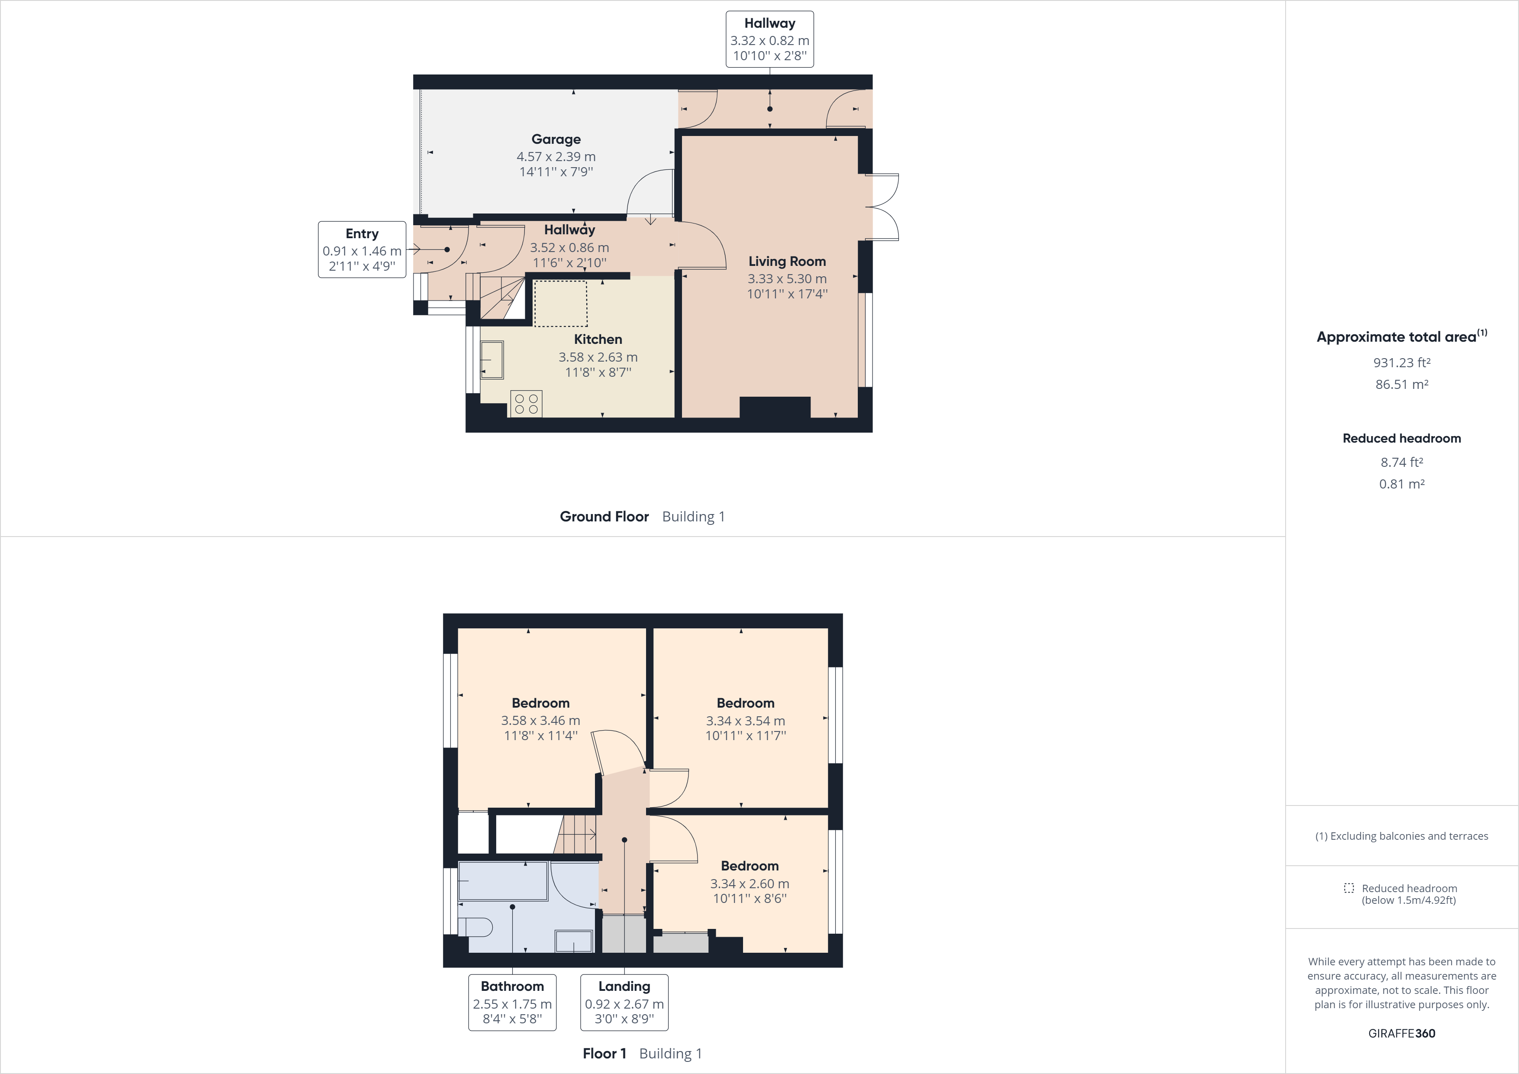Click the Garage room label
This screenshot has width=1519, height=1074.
click(x=556, y=139)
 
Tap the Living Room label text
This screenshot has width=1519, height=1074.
click(x=787, y=262)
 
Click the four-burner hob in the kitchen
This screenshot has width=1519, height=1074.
click(x=526, y=404)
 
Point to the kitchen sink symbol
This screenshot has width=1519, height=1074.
click(x=491, y=359)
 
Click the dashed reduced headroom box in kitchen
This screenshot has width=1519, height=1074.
click(x=560, y=303)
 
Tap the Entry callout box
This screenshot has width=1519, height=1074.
click(x=362, y=249)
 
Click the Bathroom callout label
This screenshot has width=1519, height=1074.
click(x=512, y=1002)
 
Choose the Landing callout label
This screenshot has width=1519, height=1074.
click(x=624, y=1002)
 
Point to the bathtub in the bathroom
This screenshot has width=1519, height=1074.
click(x=503, y=881)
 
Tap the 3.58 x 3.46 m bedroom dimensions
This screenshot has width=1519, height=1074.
click(x=540, y=721)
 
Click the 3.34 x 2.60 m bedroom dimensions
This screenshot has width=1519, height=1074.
click(x=750, y=883)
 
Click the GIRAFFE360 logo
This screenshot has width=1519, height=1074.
click(x=1401, y=1033)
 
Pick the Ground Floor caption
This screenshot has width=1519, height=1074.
click(x=604, y=516)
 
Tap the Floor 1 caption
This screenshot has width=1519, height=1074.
click(x=604, y=1054)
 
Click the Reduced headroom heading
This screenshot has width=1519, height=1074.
click(x=1401, y=438)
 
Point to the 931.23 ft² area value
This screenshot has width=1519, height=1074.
click(x=1401, y=362)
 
